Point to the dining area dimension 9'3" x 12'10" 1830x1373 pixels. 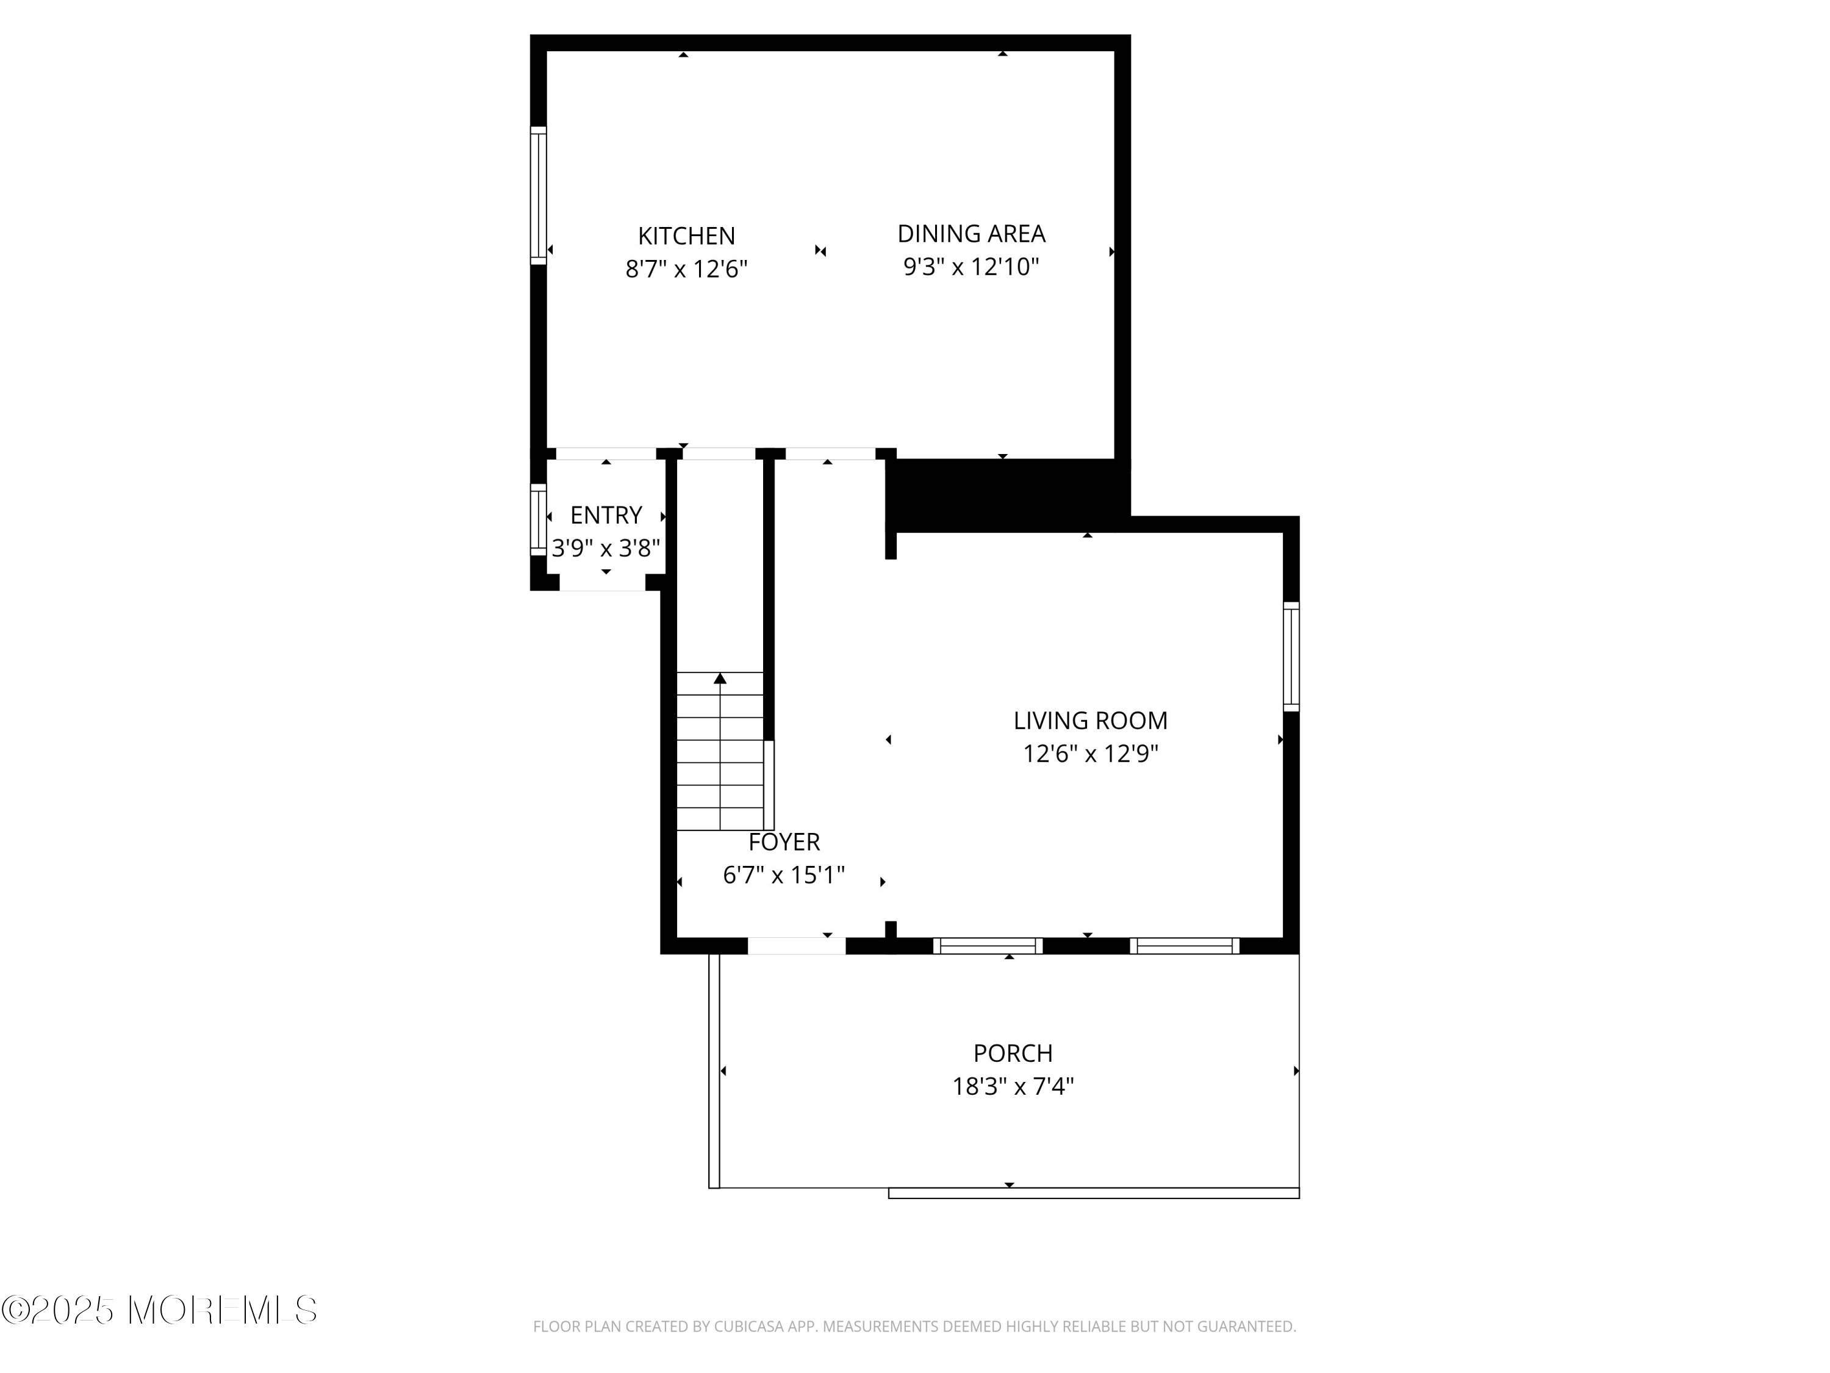(971, 267)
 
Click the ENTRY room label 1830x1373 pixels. (606, 516)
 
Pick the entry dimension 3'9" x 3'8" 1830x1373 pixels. (606, 549)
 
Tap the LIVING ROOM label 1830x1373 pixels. (1091, 721)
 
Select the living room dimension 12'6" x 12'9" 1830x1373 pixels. (1091, 754)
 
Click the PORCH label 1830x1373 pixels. (1013, 1053)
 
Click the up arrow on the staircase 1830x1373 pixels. (720, 679)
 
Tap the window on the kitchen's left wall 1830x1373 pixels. (539, 196)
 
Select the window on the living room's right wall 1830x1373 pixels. (1291, 656)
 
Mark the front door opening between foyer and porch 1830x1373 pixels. (797, 946)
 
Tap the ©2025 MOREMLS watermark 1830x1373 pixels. (159, 1310)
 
